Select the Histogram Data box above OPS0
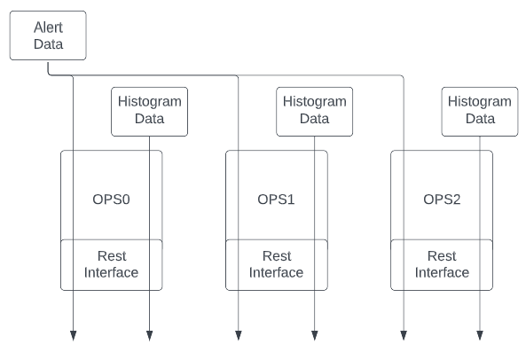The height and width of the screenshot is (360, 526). pyautogui.click(x=150, y=110)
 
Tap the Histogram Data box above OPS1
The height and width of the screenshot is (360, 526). pyautogui.click(x=315, y=110)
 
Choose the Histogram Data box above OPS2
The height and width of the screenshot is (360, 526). pyautogui.click(x=480, y=110)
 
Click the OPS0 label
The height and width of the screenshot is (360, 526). pyautogui.click(x=111, y=199)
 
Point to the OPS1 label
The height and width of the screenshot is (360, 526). pyautogui.click(x=276, y=199)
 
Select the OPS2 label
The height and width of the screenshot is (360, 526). pyautogui.click(x=441, y=199)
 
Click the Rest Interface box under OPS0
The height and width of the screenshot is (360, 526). pyautogui.click(x=111, y=264)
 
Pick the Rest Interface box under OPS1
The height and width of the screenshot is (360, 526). pyautogui.click(x=276, y=264)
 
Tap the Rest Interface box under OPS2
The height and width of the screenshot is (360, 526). pyautogui.click(x=441, y=264)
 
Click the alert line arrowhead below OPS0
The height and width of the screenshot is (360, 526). pyautogui.click(x=73, y=335)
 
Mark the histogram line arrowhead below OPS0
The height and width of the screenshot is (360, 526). pyautogui.click(x=150, y=335)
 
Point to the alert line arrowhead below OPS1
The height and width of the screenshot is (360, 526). pyautogui.click(x=238, y=335)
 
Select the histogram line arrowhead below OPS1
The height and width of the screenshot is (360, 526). pyautogui.click(x=315, y=335)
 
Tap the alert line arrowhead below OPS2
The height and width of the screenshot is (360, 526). pyautogui.click(x=403, y=335)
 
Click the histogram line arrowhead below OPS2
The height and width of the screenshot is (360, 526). pyautogui.click(x=480, y=335)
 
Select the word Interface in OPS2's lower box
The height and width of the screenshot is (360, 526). pyautogui.click(x=441, y=272)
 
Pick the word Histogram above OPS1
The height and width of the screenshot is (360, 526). pyautogui.click(x=315, y=102)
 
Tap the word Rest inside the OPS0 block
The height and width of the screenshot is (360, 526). pyautogui.click(x=111, y=256)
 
